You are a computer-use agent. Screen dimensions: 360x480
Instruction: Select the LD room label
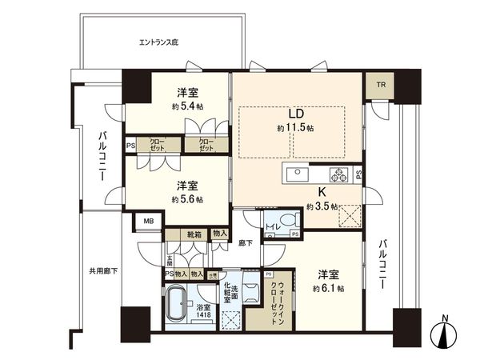coord(295,114)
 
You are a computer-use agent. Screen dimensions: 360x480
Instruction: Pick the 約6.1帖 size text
coord(329,288)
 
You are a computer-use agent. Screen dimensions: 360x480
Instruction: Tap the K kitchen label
coord(322,192)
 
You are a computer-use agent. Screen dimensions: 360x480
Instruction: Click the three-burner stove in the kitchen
coord(342,176)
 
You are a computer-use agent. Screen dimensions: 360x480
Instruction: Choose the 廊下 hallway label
coord(246,242)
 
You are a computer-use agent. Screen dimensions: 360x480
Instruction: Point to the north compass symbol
coord(445,334)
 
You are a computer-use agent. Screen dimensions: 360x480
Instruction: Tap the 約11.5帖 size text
coord(295,128)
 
